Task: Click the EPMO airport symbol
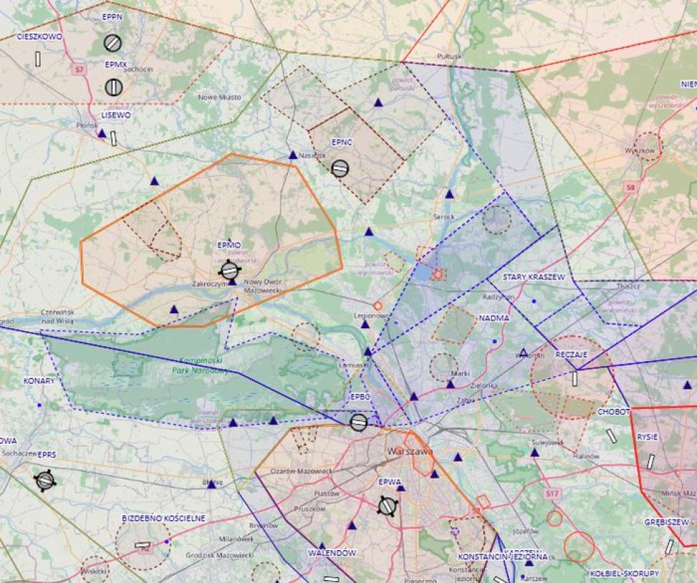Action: [x=229, y=270]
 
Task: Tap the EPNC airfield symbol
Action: [x=340, y=168]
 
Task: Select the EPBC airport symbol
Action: [x=359, y=422]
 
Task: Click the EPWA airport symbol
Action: [x=388, y=506]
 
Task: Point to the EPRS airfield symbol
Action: [x=45, y=480]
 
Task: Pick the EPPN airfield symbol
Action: [x=112, y=43]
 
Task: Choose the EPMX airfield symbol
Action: [x=114, y=87]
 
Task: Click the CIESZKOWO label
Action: [x=39, y=36]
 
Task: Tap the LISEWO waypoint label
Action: [x=116, y=115]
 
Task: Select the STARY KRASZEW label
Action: [x=533, y=277]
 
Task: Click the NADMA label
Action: [x=494, y=318]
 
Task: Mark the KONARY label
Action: [x=39, y=381]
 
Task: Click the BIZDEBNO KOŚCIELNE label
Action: [x=164, y=518]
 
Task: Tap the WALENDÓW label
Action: [x=332, y=553]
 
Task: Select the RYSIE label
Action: [x=648, y=437]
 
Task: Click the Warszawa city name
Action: [x=409, y=452]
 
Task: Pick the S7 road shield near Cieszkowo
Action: [x=80, y=69]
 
